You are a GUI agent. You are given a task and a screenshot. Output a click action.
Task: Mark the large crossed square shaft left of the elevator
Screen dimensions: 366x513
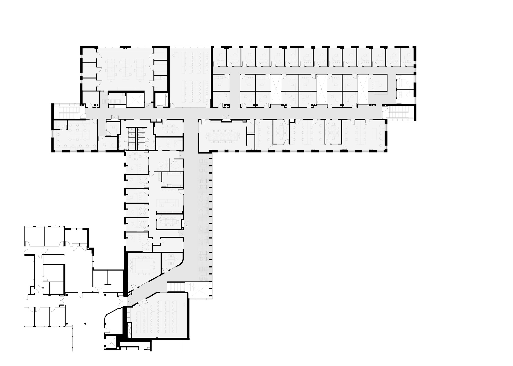(x=135, y=99)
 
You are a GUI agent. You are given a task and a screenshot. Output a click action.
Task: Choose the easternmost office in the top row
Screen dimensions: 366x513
(x=407, y=56)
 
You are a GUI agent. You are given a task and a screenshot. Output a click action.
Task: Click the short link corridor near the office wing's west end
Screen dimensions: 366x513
(x=234, y=90)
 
